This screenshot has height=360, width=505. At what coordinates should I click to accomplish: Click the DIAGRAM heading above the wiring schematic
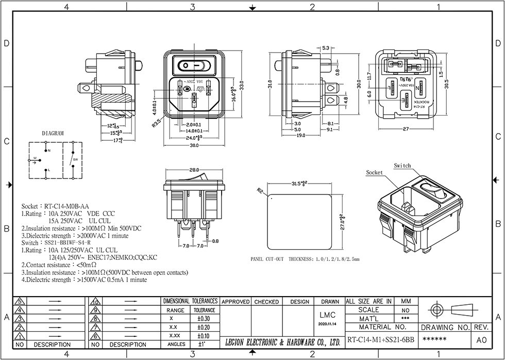click(53, 133)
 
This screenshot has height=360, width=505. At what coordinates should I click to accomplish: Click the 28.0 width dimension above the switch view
click(194, 170)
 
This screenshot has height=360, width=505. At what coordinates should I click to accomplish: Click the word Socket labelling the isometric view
click(375, 172)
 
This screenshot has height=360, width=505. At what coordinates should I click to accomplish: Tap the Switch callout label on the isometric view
click(402, 166)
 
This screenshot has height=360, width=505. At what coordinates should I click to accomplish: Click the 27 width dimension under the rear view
click(405, 129)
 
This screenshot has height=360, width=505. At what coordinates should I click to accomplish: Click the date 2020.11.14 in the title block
click(328, 324)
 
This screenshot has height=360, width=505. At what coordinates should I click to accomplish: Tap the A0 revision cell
click(481, 340)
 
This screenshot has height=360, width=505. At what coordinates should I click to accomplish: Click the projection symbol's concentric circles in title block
click(436, 309)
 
